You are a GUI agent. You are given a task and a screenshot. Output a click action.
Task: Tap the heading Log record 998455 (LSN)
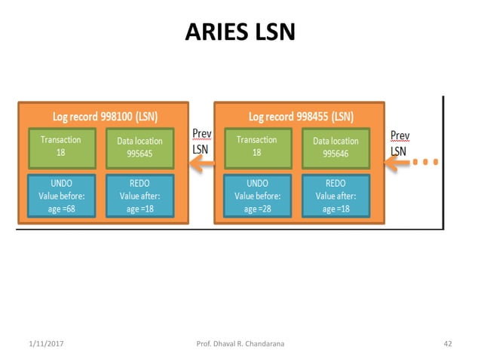(x=301, y=117)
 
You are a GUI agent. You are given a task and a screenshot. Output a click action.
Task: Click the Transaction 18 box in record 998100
(x=60, y=147)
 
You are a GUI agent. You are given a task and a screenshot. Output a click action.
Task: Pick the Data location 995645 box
(x=139, y=147)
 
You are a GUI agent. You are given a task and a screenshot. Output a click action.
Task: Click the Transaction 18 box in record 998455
(x=256, y=147)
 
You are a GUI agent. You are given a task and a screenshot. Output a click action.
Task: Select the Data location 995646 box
(x=335, y=147)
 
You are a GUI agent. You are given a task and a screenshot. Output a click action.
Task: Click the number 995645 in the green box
(x=139, y=154)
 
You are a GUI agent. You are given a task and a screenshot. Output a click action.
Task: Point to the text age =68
(x=60, y=209)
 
